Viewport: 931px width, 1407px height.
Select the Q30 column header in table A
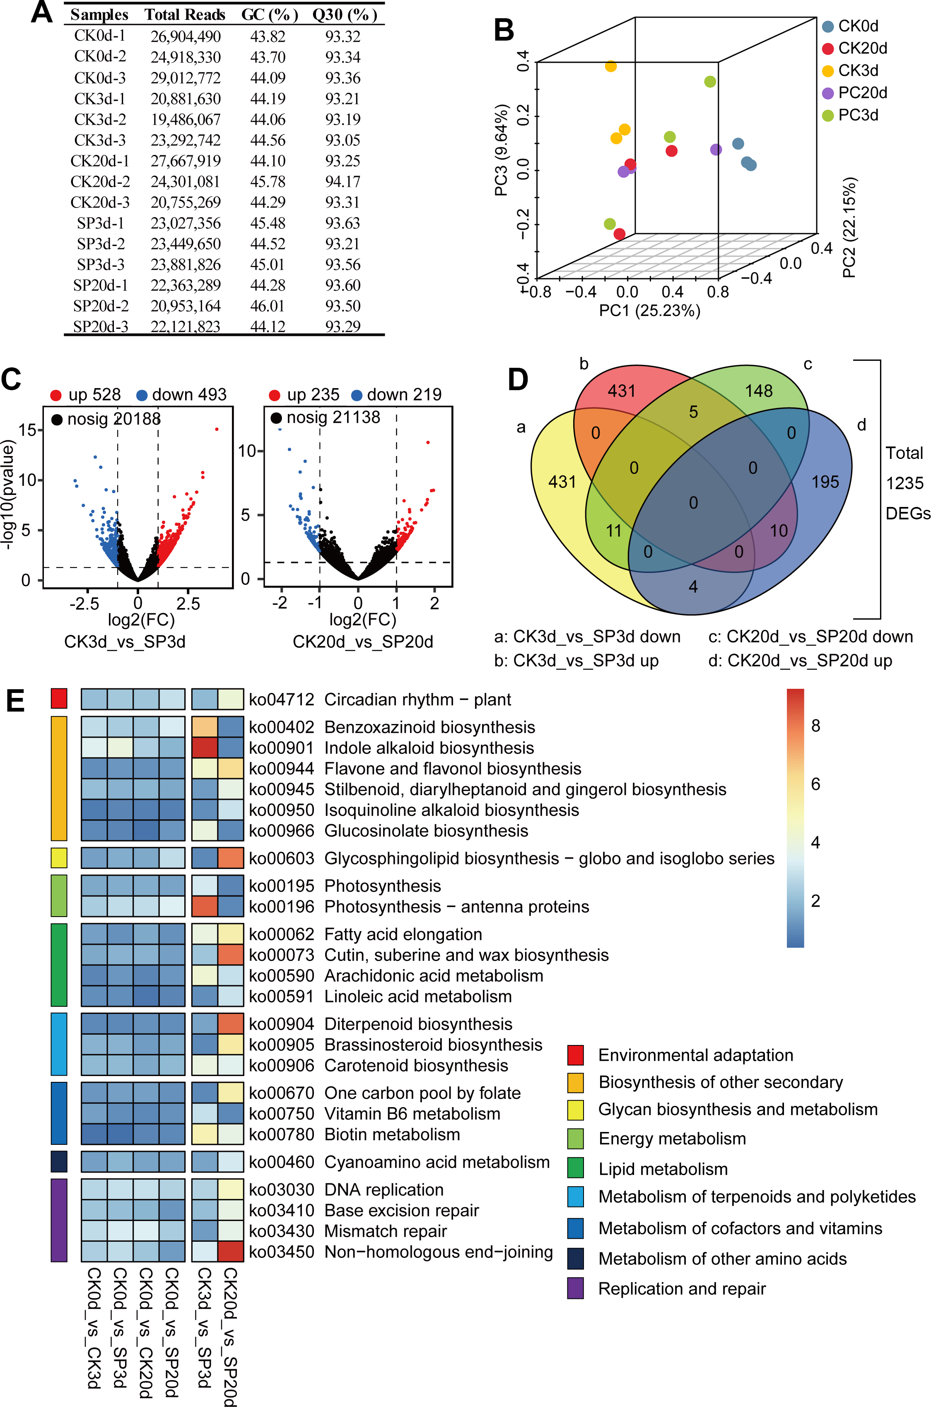(x=345, y=15)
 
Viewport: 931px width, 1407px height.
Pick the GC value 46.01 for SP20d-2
(x=268, y=306)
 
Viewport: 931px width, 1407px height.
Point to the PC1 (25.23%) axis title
(x=649, y=311)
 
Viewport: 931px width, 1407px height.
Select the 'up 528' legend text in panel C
(x=94, y=395)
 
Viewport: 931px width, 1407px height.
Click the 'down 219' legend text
(x=404, y=395)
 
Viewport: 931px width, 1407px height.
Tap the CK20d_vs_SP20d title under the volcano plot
(x=363, y=642)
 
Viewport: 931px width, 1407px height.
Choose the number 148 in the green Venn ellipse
(x=759, y=391)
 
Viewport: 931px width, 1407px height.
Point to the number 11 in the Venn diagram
(x=613, y=530)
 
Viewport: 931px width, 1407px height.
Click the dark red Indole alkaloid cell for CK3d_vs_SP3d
(x=204, y=748)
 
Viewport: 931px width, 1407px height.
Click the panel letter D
(x=518, y=380)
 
